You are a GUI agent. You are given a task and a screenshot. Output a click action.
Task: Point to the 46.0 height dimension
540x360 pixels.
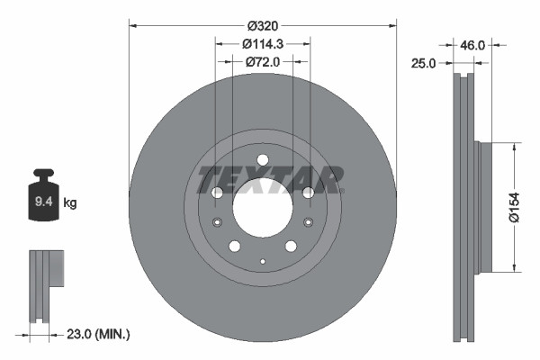click(473, 44)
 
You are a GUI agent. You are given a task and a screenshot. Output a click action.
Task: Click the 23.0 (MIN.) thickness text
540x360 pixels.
click(98, 334)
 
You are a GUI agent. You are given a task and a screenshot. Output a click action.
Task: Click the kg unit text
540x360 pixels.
click(70, 203)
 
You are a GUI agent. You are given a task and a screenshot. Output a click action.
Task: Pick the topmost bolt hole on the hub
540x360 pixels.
click(262, 161)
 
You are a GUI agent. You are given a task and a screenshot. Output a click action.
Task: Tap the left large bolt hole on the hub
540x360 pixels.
click(216, 193)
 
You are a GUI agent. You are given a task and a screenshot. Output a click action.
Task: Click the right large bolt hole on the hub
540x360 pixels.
click(308, 193)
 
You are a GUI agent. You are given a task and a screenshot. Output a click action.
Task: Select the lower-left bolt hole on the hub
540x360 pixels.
click(234, 247)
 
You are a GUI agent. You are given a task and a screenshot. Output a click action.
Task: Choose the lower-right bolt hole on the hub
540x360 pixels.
click(291, 247)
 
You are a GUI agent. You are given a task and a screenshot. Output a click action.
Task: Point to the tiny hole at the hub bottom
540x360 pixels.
click(262, 261)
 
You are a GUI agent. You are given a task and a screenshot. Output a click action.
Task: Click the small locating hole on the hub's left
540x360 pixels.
click(216, 223)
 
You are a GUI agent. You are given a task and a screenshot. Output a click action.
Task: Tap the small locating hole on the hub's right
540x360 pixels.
click(308, 223)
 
